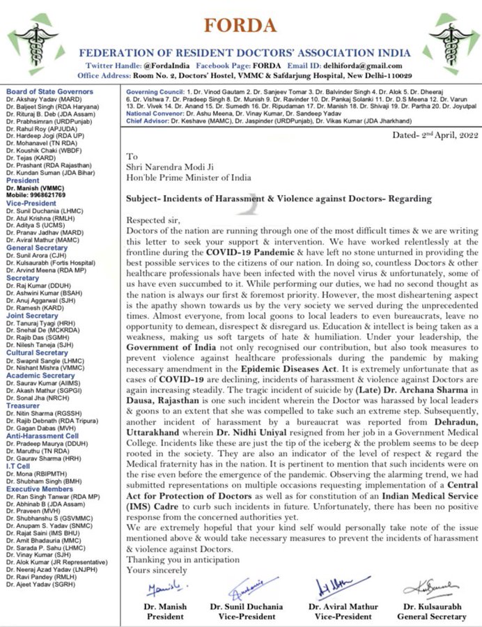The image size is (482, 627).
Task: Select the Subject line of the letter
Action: coord(279,199)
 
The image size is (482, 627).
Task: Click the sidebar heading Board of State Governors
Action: coord(49,92)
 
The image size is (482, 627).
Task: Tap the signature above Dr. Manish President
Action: coord(163,589)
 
